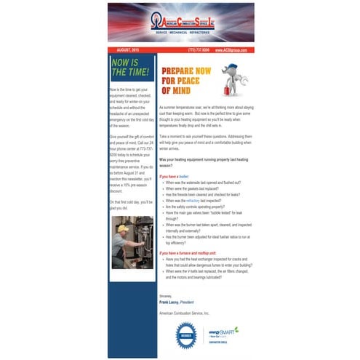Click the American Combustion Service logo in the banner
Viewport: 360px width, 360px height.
point(180,24)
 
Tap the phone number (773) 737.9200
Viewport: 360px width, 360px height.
point(199,49)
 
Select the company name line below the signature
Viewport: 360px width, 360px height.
point(188,311)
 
